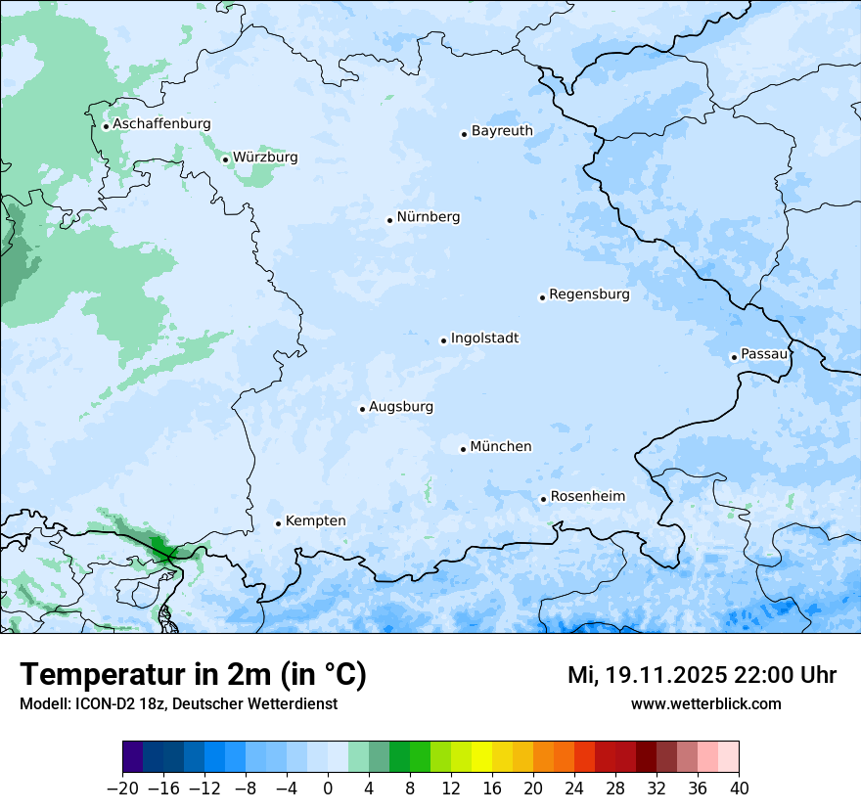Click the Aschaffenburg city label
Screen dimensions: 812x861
161,124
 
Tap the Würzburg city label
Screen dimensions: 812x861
265,158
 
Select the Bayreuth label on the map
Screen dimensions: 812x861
502,131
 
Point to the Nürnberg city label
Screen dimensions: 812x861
428,217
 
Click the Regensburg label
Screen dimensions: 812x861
589,294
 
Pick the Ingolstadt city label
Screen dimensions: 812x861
484,338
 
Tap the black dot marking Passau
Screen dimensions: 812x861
734,357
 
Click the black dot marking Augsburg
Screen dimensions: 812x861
362,409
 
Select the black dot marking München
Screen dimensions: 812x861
463,449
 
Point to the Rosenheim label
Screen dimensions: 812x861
587,497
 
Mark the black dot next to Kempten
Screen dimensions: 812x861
278,523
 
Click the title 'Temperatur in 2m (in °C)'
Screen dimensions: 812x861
193,675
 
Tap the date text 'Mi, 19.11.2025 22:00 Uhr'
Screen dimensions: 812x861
702,675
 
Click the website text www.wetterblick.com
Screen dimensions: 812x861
705,703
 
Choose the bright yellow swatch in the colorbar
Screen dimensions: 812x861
481,757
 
